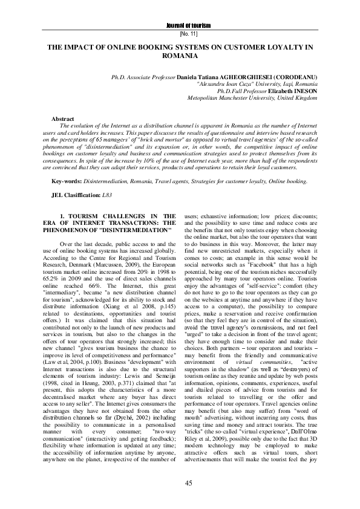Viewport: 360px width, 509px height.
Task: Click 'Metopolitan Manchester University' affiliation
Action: tap(233, 97)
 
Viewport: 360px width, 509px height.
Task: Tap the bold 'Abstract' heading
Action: tap(63, 120)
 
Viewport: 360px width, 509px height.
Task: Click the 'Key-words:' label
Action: tap(66, 180)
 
